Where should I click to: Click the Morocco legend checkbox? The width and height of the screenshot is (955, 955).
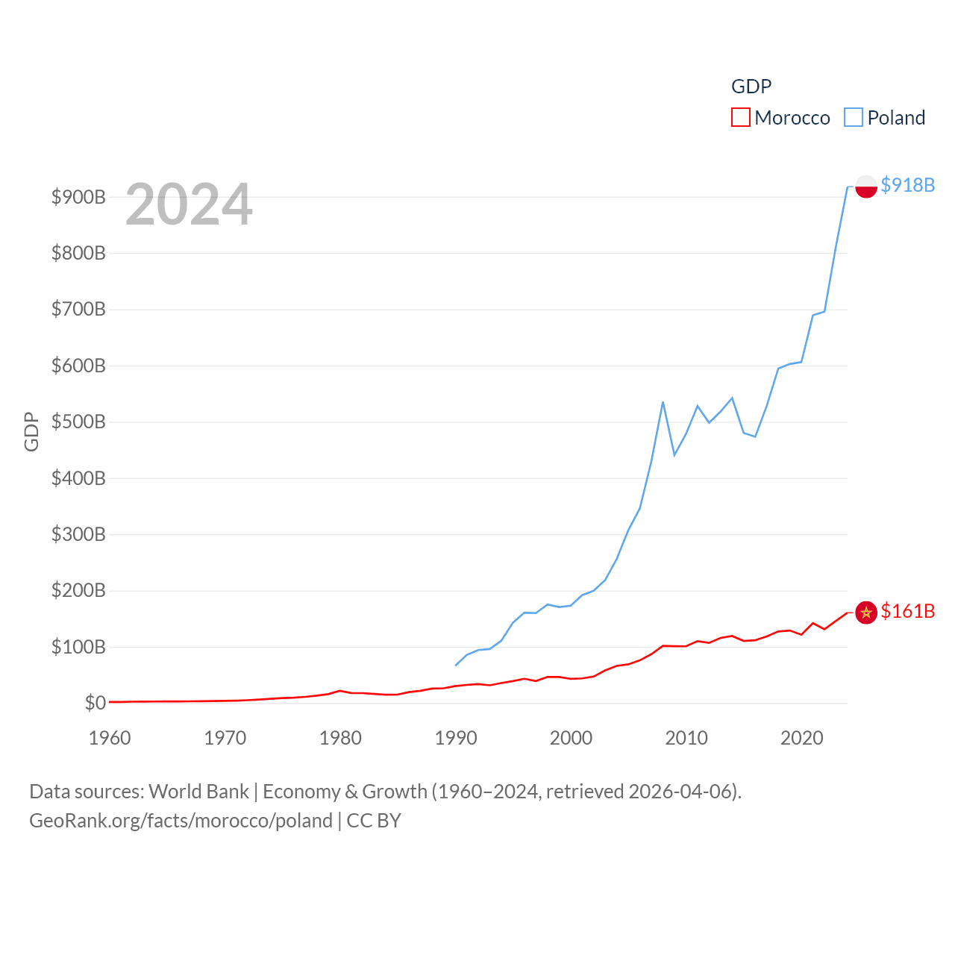pyautogui.click(x=740, y=118)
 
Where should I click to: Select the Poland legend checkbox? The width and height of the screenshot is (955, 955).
pyautogui.click(x=854, y=118)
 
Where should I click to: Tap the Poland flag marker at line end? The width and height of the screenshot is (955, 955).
pyautogui.click(x=865, y=186)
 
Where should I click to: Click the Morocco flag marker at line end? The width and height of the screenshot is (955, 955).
pyautogui.click(x=865, y=613)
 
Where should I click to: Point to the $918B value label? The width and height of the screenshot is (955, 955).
pyautogui.click(x=907, y=185)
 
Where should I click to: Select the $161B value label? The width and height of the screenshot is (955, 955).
pyautogui.click(x=907, y=611)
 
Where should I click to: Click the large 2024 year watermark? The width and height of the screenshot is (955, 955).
pyautogui.click(x=189, y=204)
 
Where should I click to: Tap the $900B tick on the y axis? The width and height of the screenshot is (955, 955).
pyautogui.click(x=78, y=198)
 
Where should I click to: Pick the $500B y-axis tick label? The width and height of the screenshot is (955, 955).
pyautogui.click(x=78, y=422)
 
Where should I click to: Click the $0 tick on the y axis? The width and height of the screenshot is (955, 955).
pyautogui.click(x=95, y=703)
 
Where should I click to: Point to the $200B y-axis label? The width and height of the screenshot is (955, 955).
pyautogui.click(x=78, y=591)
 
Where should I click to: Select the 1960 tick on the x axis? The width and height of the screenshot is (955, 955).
pyautogui.click(x=110, y=738)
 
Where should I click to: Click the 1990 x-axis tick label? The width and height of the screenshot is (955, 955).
pyautogui.click(x=456, y=738)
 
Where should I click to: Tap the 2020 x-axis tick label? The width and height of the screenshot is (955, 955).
pyautogui.click(x=802, y=738)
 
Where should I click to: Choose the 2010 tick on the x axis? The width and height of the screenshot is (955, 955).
pyautogui.click(x=686, y=738)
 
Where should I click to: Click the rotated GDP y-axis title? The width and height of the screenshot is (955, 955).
pyautogui.click(x=31, y=431)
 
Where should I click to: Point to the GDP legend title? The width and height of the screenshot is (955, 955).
pyautogui.click(x=751, y=87)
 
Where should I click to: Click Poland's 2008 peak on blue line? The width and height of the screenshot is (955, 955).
pyautogui.click(x=663, y=403)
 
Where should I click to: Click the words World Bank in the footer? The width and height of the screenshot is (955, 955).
pyautogui.click(x=198, y=791)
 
